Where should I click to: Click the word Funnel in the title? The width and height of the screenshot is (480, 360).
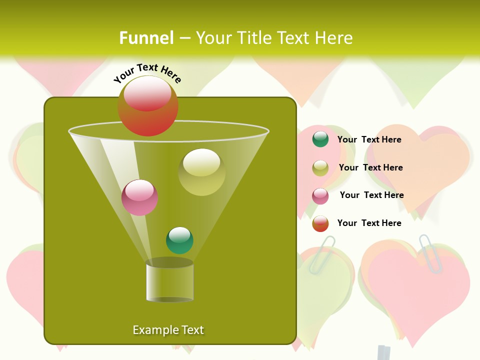146,38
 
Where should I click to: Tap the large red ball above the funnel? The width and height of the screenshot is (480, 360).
147,106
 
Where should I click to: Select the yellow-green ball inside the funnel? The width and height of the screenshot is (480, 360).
201,172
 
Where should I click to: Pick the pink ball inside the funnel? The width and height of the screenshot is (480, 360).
139,197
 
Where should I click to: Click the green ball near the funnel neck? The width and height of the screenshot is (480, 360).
179,240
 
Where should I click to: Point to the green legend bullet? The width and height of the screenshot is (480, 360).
320,139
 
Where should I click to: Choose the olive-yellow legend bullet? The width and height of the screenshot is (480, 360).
320,168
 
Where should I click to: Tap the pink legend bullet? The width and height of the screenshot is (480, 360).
320,196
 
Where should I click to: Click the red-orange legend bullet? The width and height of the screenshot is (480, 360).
320,223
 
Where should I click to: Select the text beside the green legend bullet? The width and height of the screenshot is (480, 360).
369,139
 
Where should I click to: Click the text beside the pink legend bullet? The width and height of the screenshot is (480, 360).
371,195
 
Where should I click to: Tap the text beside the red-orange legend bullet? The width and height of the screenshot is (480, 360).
369,223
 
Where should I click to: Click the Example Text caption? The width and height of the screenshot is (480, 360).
168,330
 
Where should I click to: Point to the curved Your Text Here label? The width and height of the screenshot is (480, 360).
147,73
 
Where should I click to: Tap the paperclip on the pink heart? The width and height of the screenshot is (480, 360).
431,253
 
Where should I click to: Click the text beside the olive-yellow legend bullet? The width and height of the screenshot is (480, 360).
370,167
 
